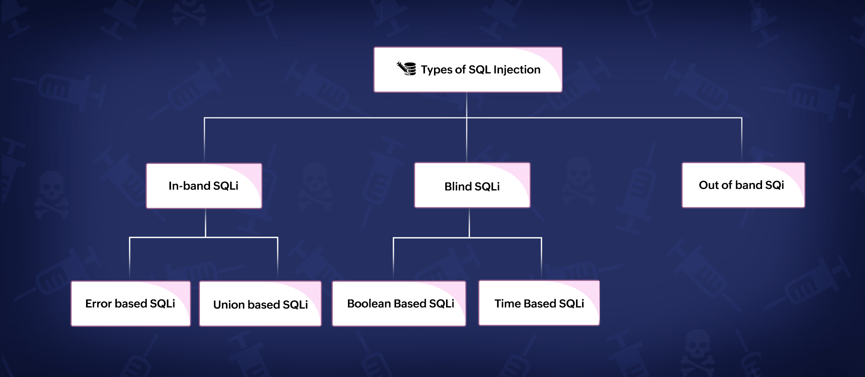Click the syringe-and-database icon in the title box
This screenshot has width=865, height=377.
pos(407,69)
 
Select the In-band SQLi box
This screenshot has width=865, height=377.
pos(204,185)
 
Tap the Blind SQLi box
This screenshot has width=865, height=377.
pos(472,185)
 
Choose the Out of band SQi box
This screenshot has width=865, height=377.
pos(743,185)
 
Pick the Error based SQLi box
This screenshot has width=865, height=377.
pos(130,303)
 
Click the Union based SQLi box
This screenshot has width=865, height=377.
pos(260,304)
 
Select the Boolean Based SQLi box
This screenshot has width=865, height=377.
pos(399,303)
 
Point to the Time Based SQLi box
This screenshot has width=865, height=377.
pos(539,303)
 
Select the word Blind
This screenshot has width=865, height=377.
pos(458,186)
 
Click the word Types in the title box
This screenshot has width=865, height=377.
pos(437,70)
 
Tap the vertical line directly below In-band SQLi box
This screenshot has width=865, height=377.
pos(206,222)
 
